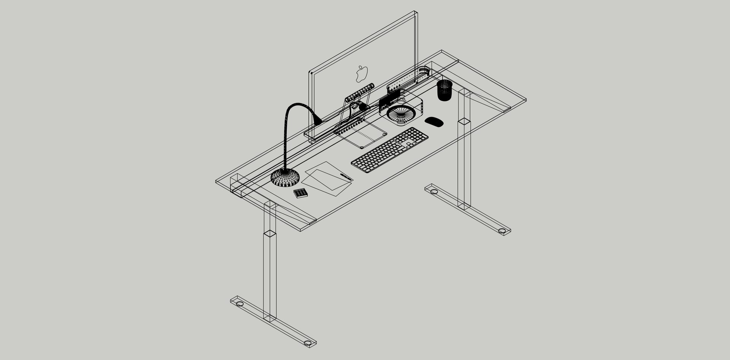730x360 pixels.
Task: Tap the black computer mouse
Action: coord(434,122)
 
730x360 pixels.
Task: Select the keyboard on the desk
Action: coord(389,151)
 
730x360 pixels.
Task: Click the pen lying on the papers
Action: coord(346,176)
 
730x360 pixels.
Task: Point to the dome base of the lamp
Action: coord(285,178)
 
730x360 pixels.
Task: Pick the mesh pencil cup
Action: coord(444,90)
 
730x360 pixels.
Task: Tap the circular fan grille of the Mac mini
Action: coord(401,113)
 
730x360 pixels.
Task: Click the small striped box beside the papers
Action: coord(301,193)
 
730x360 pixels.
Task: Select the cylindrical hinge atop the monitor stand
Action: coord(360,92)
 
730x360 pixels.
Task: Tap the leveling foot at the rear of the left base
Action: coord(240,304)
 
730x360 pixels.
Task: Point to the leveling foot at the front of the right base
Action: coord(502,231)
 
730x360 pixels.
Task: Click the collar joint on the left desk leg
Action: coord(270,234)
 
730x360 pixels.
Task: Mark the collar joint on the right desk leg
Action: coord(464,122)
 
